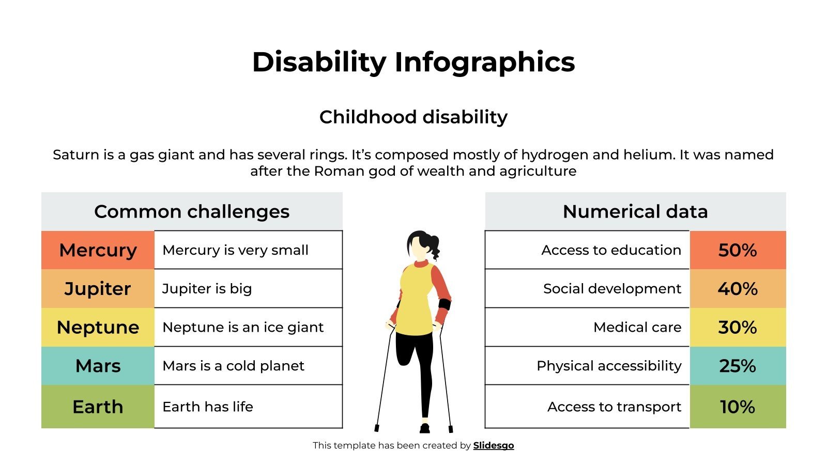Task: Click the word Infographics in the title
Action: tap(484, 62)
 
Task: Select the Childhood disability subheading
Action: tap(413, 117)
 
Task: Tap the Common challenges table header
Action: tap(192, 211)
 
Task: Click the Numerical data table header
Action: tap(635, 211)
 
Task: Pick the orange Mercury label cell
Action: tap(98, 250)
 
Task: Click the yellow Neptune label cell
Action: tap(98, 327)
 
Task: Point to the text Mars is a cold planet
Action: tap(233, 366)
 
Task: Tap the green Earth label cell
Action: tap(98, 407)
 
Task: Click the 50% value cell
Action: tap(738, 250)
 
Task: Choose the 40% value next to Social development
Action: tap(738, 288)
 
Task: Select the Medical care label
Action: tap(637, 327)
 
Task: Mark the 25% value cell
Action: tap(738, 366)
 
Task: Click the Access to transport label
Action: tap(614, 407)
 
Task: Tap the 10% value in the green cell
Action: tap(738, 407)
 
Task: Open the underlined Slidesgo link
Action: tap(493, 445)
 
